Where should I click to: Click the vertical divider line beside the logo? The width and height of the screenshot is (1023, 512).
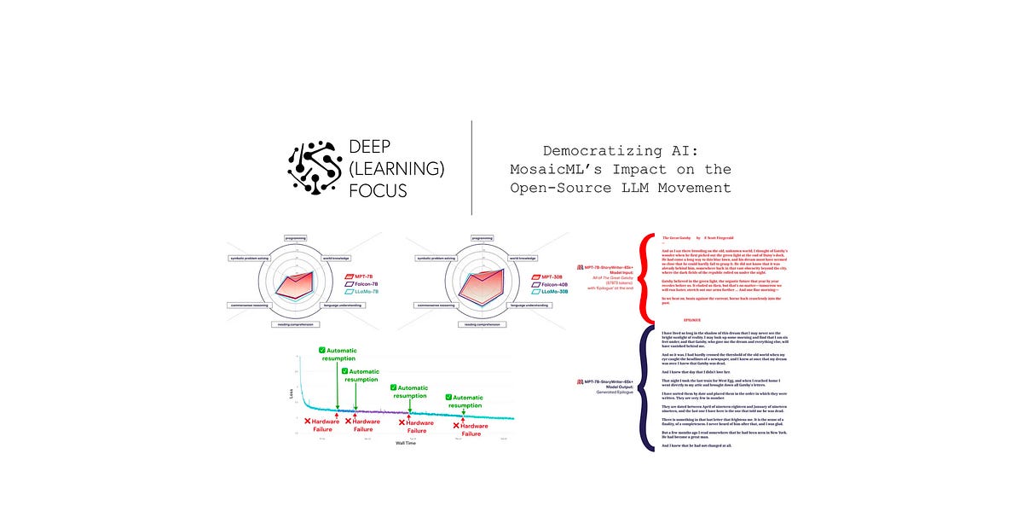pyautogui.click(x=472, y=167)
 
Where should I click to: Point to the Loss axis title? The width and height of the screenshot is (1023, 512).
pyautogui.click(x=290, y=394)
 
